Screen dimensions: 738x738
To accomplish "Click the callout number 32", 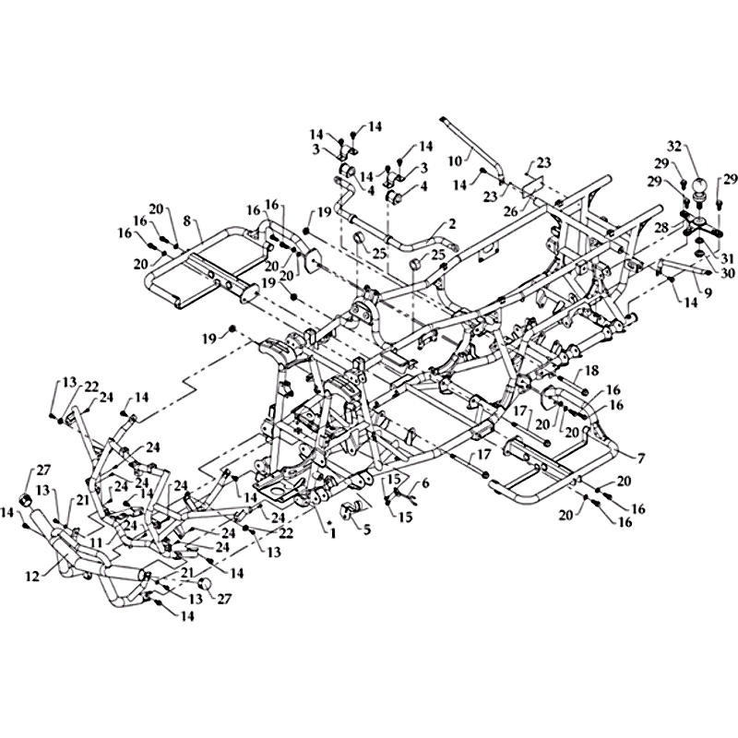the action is point(674,147).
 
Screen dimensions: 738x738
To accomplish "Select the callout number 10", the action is point(455,161).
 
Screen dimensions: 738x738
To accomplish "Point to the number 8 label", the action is point(188,220).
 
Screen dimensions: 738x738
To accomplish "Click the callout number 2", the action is point(452,223).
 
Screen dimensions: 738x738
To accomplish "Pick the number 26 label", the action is point(511,212).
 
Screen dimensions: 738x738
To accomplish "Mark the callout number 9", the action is point(708,292).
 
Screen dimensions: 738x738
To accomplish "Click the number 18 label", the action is point(592,371).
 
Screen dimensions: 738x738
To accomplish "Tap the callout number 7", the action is point(641,457).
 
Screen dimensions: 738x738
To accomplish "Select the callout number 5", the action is point(366,530).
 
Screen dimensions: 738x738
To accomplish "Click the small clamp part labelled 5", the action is point(352,511).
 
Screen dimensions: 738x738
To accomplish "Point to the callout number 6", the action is point(425,483).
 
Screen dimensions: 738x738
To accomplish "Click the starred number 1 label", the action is point(332,532).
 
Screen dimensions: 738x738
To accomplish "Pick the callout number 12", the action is point(32,576).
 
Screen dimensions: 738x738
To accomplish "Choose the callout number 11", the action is point(97,543).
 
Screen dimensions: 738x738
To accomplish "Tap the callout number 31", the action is point(726,258).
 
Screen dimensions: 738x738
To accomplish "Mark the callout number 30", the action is point(727,273).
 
